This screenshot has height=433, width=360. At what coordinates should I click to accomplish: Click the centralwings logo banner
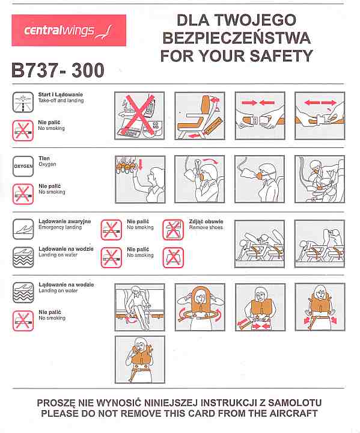tap(69, 31)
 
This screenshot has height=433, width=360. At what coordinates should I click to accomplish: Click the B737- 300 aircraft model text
tap(58, 70)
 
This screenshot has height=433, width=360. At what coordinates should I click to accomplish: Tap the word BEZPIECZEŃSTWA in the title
tap(237, 38)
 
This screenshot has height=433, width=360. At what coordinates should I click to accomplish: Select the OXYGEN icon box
tap(23, 166)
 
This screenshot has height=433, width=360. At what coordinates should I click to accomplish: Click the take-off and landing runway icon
tap(23, 102)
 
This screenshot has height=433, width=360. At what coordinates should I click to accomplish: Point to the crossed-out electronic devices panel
tap(139, 115)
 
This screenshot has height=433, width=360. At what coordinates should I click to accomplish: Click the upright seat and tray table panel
tap(200, 115)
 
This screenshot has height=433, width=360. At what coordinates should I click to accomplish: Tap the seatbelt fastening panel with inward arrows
tap(260, 115)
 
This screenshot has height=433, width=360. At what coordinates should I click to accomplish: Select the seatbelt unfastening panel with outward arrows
tap(320, 115)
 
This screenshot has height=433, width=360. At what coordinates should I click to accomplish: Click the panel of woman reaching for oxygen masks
tap(140, 179)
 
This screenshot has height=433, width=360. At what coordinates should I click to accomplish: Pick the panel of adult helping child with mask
tap(320, 179)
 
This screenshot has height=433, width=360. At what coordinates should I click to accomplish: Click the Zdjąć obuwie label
tap(206, 221)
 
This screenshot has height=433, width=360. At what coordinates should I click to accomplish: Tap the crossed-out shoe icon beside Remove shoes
tap(173, 230)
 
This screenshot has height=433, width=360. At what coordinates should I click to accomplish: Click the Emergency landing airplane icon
tap(23, 229)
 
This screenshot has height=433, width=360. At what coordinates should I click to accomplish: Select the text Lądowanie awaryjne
tap(64, 221)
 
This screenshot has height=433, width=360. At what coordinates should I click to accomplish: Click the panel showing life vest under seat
tap(139, 307)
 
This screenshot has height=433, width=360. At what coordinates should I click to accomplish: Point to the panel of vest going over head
tap(200, 307)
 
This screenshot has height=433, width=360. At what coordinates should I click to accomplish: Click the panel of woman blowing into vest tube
tap(140, 360)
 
